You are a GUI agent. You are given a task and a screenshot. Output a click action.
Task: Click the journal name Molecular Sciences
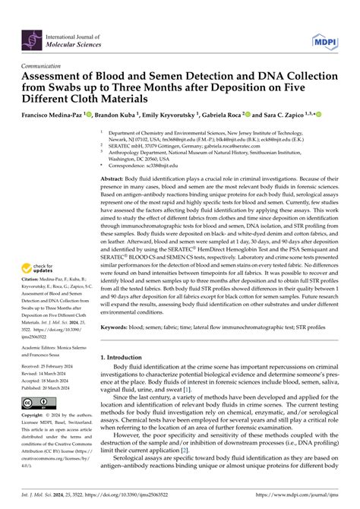(x=77, y=43)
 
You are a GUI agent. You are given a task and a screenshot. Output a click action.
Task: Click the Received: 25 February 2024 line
(x=43, y=365)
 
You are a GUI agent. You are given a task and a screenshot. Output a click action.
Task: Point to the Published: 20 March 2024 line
(x=43, y=386)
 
